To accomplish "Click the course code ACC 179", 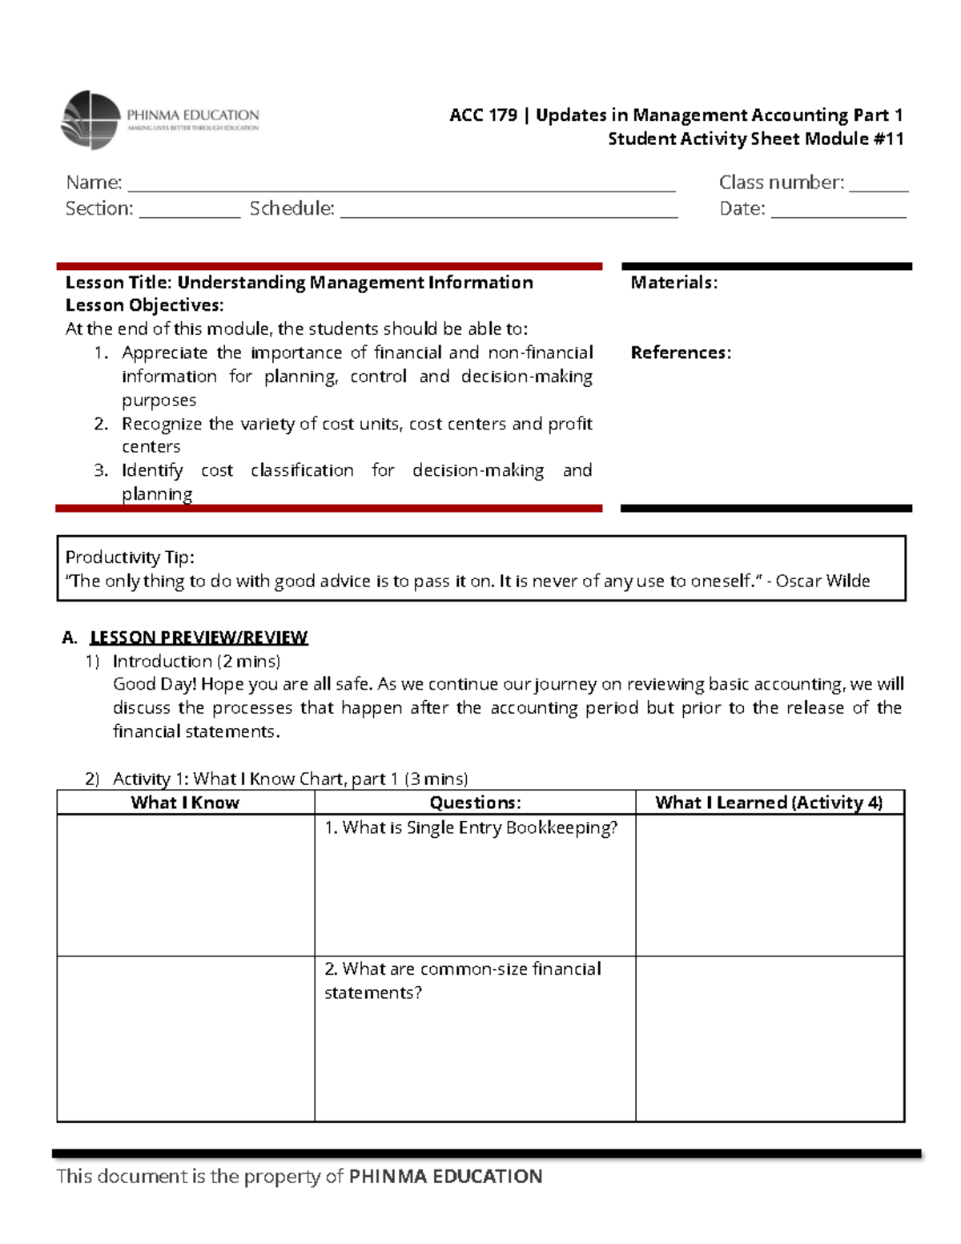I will pos(483,115).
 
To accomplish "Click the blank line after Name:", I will pos(400,185).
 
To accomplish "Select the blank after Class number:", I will pos(878,185).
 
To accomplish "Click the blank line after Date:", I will pos(838,211).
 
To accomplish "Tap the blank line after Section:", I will pos(189,211).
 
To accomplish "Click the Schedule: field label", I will pos(292,208).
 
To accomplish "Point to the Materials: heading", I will pos(674,282).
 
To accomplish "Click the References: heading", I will pos(681,352).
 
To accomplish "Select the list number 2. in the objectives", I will pos(101,424).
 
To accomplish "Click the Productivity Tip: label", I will pos(130,557).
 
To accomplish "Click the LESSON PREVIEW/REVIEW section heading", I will pos(199,638).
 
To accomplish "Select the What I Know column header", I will pos(185,803).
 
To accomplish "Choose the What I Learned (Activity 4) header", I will pos(769,803).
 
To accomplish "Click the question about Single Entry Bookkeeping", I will pos(471,827).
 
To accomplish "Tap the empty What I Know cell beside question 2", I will pos(185,1038).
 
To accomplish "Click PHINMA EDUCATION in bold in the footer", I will pos(446,1176).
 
